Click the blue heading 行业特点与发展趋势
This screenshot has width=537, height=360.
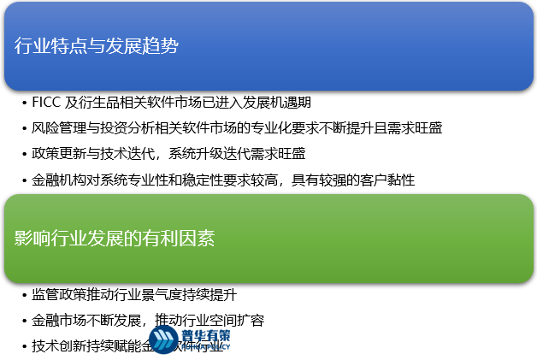(97, 46)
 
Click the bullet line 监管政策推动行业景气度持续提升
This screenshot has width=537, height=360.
(133, 295)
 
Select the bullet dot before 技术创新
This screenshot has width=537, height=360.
(23, 347)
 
